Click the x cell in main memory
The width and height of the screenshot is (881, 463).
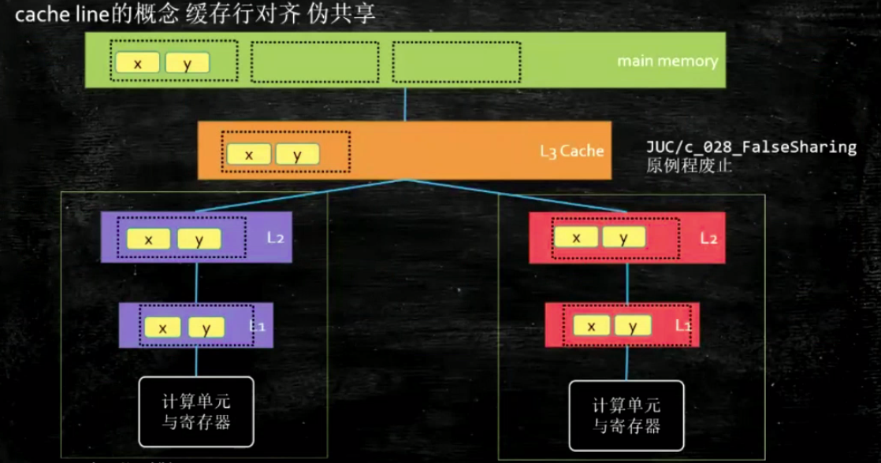[x=137, y=64]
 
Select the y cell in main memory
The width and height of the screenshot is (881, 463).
[x=187, y=64]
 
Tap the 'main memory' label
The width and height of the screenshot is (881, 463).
[x=667, y=61]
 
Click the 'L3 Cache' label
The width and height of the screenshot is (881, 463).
[x=571, y=150]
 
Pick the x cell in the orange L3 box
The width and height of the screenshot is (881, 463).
[x=248, y=154]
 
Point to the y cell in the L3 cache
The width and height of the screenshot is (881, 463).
[x=297, y=154]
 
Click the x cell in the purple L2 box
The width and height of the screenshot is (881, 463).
[x=149, y=239]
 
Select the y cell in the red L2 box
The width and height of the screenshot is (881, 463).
[x=623, y=237]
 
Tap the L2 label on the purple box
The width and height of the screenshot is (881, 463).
[x=275, y=236]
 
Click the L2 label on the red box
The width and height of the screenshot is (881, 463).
[x=708, y=237]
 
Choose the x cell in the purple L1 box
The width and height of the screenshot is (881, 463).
[x=163, y=328]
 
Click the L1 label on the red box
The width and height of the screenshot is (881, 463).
[x=682, y=324]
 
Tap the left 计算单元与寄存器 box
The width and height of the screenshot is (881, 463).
[x=196, y=412]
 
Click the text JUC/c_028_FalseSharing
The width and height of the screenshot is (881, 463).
[x=750, y=147]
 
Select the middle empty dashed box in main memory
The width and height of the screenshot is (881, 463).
[x=314, y=61]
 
